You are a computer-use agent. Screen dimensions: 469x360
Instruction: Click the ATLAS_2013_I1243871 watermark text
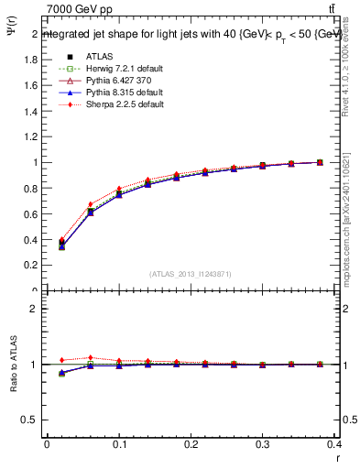[x=191, y=274]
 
